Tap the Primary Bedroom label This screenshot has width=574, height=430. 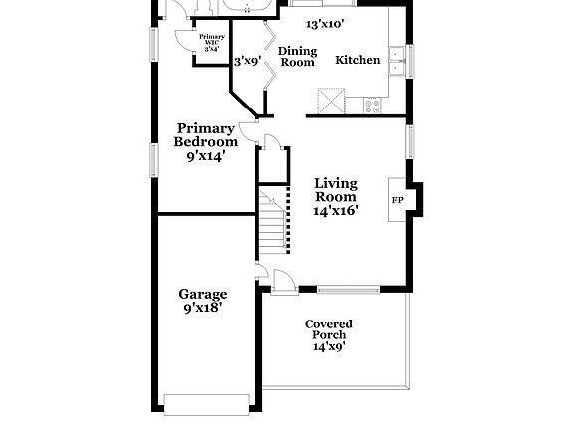click(206, 134)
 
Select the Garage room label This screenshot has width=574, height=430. click(202, 294)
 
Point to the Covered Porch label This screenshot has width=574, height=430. click(328, 329)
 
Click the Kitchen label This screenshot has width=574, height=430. click(357, 60)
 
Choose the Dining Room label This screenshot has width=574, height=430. click(297, 56)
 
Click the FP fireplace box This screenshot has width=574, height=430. click(397, 200)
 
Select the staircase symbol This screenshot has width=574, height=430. click(272, 224)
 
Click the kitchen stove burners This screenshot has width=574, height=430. click(376, 103)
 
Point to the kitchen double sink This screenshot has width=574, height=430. click(397, 62)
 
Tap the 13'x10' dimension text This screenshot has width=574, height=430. click(324, 23)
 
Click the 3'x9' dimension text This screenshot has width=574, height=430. click(245, 61)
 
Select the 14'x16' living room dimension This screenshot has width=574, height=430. click(335, 211)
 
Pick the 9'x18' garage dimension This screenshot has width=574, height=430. click(202, 309)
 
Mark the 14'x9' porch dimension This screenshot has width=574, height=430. click(328, 347)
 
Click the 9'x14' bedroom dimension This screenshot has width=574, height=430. click(206, 155)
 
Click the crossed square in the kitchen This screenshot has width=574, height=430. click(330, 101)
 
